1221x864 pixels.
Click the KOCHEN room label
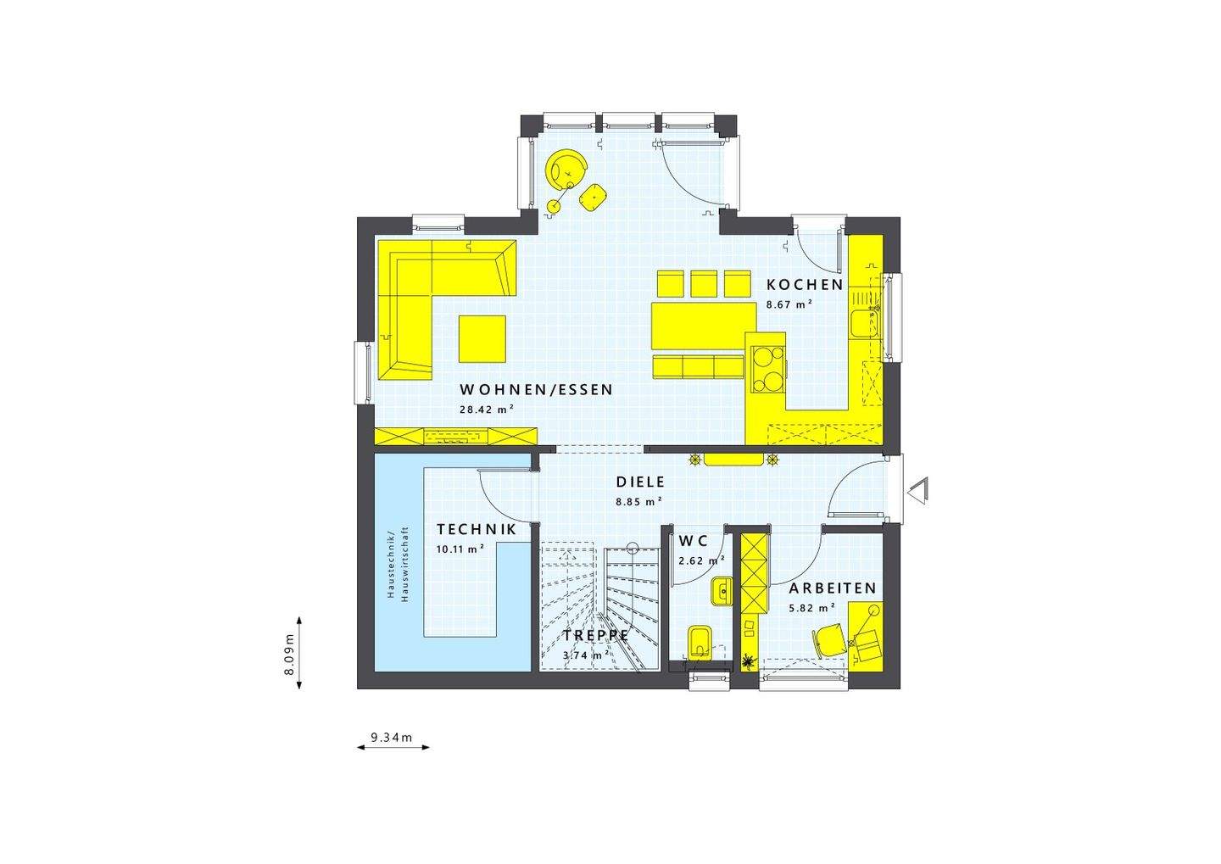pyautogui.click(x=805, y=285)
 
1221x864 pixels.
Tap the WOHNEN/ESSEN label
pyautogui.click(x=536, y=390)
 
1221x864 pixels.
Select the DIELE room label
pyautogui.click(x=640, y=482)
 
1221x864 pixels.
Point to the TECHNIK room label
pyautogui.click(x=477, y=529)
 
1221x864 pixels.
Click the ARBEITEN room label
pyautogui.click(x=832, y=588)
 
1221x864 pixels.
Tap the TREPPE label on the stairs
pyautogui.click(x=595, y=635)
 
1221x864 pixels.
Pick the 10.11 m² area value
pyautogui.click(x=460, y=549)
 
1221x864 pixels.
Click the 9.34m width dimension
pyautogui.click(x=393, y=738)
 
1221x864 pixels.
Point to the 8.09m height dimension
pyautogui.click(x=288, y=654)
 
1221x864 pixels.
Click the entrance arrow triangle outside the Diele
pyautogui.click(x=919, y=490)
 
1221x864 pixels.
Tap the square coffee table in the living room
pyautogui.click(x=482, y=338)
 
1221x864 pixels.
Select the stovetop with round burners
pyautogui.click(x=767, y=370)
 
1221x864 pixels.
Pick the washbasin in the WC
pyautogui.click(x=722, y=591)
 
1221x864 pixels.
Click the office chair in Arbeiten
pyautogui.click(x=829, y=638)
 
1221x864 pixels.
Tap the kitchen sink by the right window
pyautogui.click(x=863, y=322)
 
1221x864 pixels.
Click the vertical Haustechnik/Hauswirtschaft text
pyautogui.click(x=397, y=565)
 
